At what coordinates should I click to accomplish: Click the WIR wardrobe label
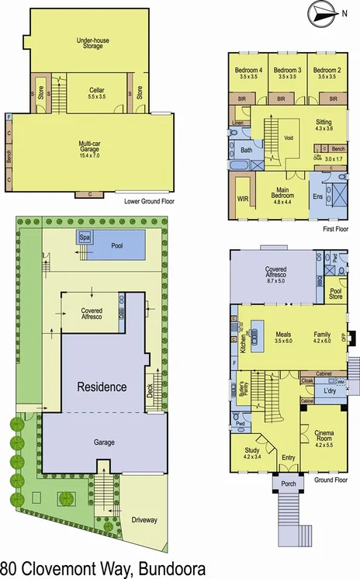click(x=242, y=199)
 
